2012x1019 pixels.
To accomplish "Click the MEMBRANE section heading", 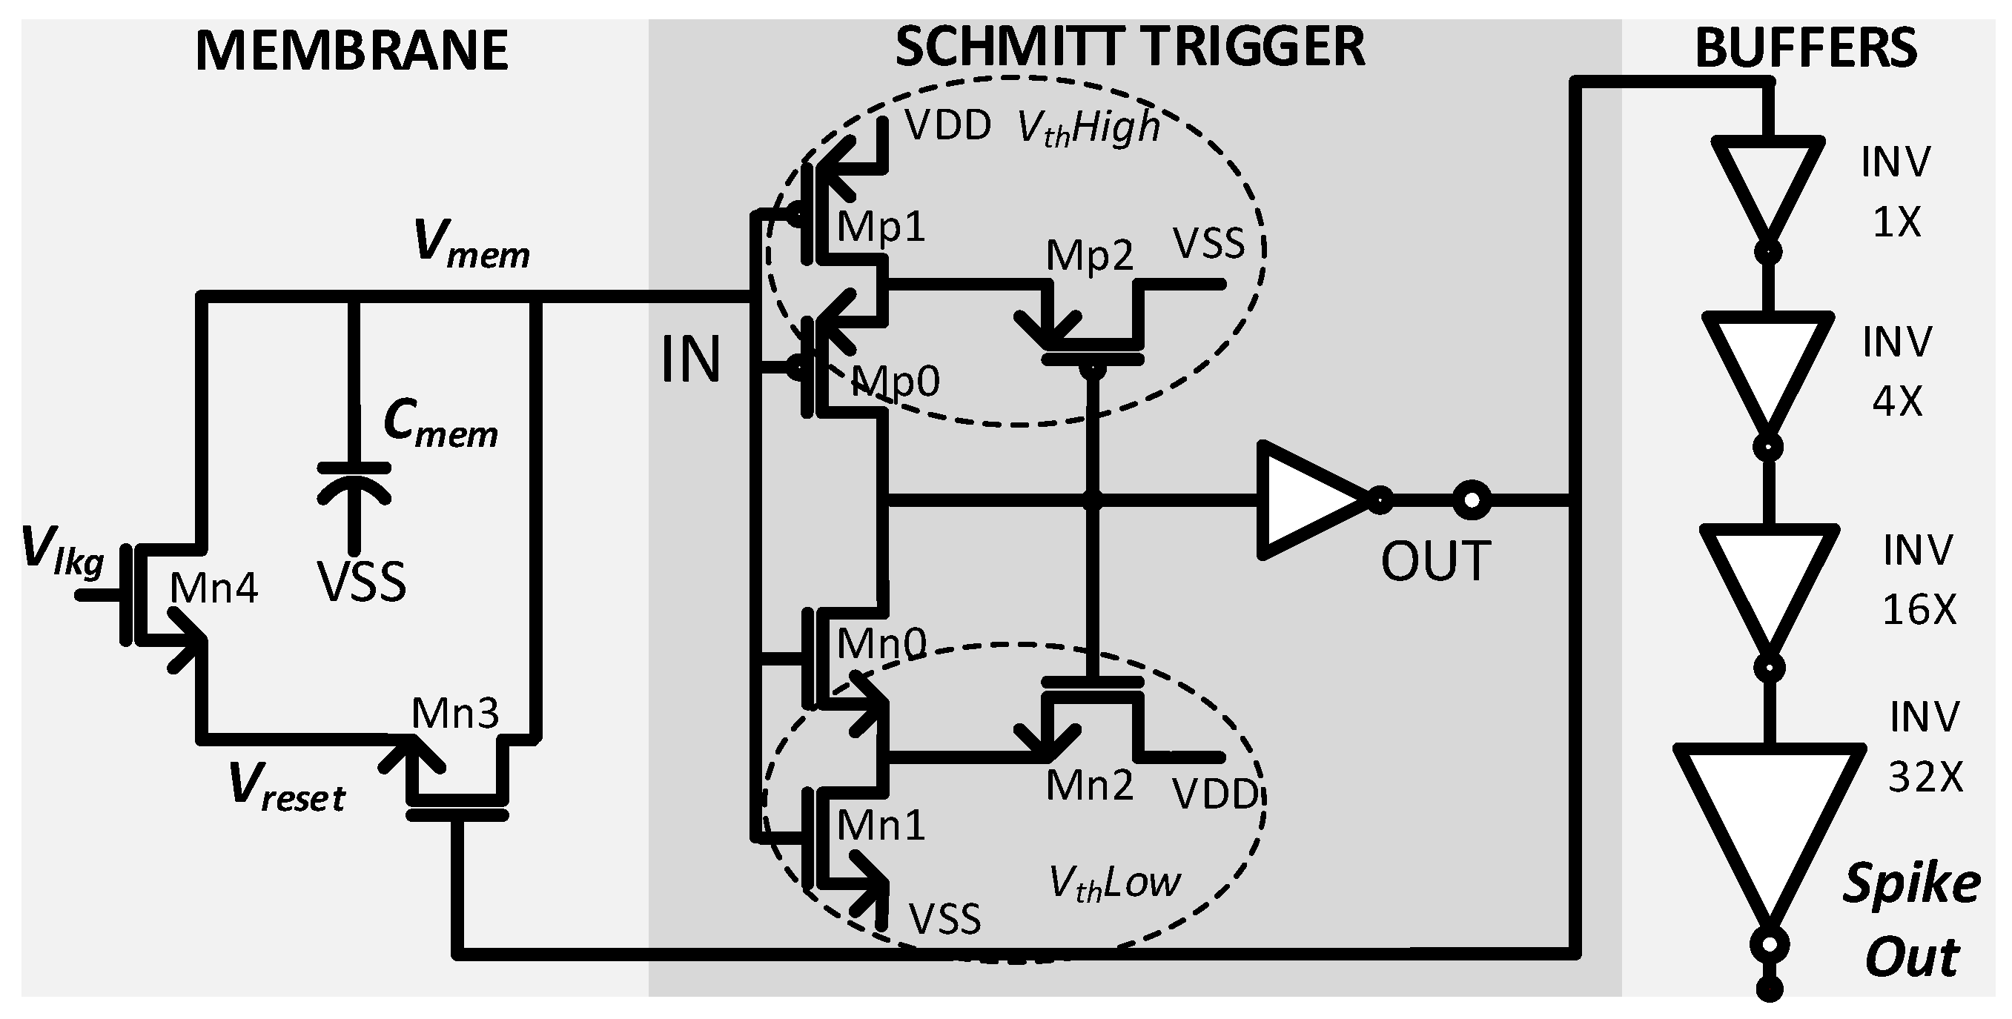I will pyautogui.click(x=351, y=52).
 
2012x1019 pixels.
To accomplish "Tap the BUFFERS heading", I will pyautogui.click(x=1806, y=48).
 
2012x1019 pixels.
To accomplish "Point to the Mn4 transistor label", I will pyautogui.click(x=214, y=588).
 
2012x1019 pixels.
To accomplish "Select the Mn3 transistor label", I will pyautogui.click(x=454, y=713).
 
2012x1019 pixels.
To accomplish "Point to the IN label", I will pyautogui.click(x=690, y=360).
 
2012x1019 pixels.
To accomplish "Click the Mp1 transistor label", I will pyautogui.click(x=881, y=228).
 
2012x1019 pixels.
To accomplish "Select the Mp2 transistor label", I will pyautogui.click(x=1089, y=256).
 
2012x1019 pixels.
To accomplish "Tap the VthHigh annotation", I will pyautogui.click(x=1088, y=128).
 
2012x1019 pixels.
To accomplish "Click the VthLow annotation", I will pyautogui.click(x=1114, y=883).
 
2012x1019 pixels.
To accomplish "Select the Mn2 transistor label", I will pyautogui.click(x=1089, y=786).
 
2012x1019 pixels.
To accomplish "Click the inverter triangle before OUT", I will pyautogui.click(x=1306, y=499).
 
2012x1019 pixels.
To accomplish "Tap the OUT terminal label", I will pyautogui.click(x=1435, y=562).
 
